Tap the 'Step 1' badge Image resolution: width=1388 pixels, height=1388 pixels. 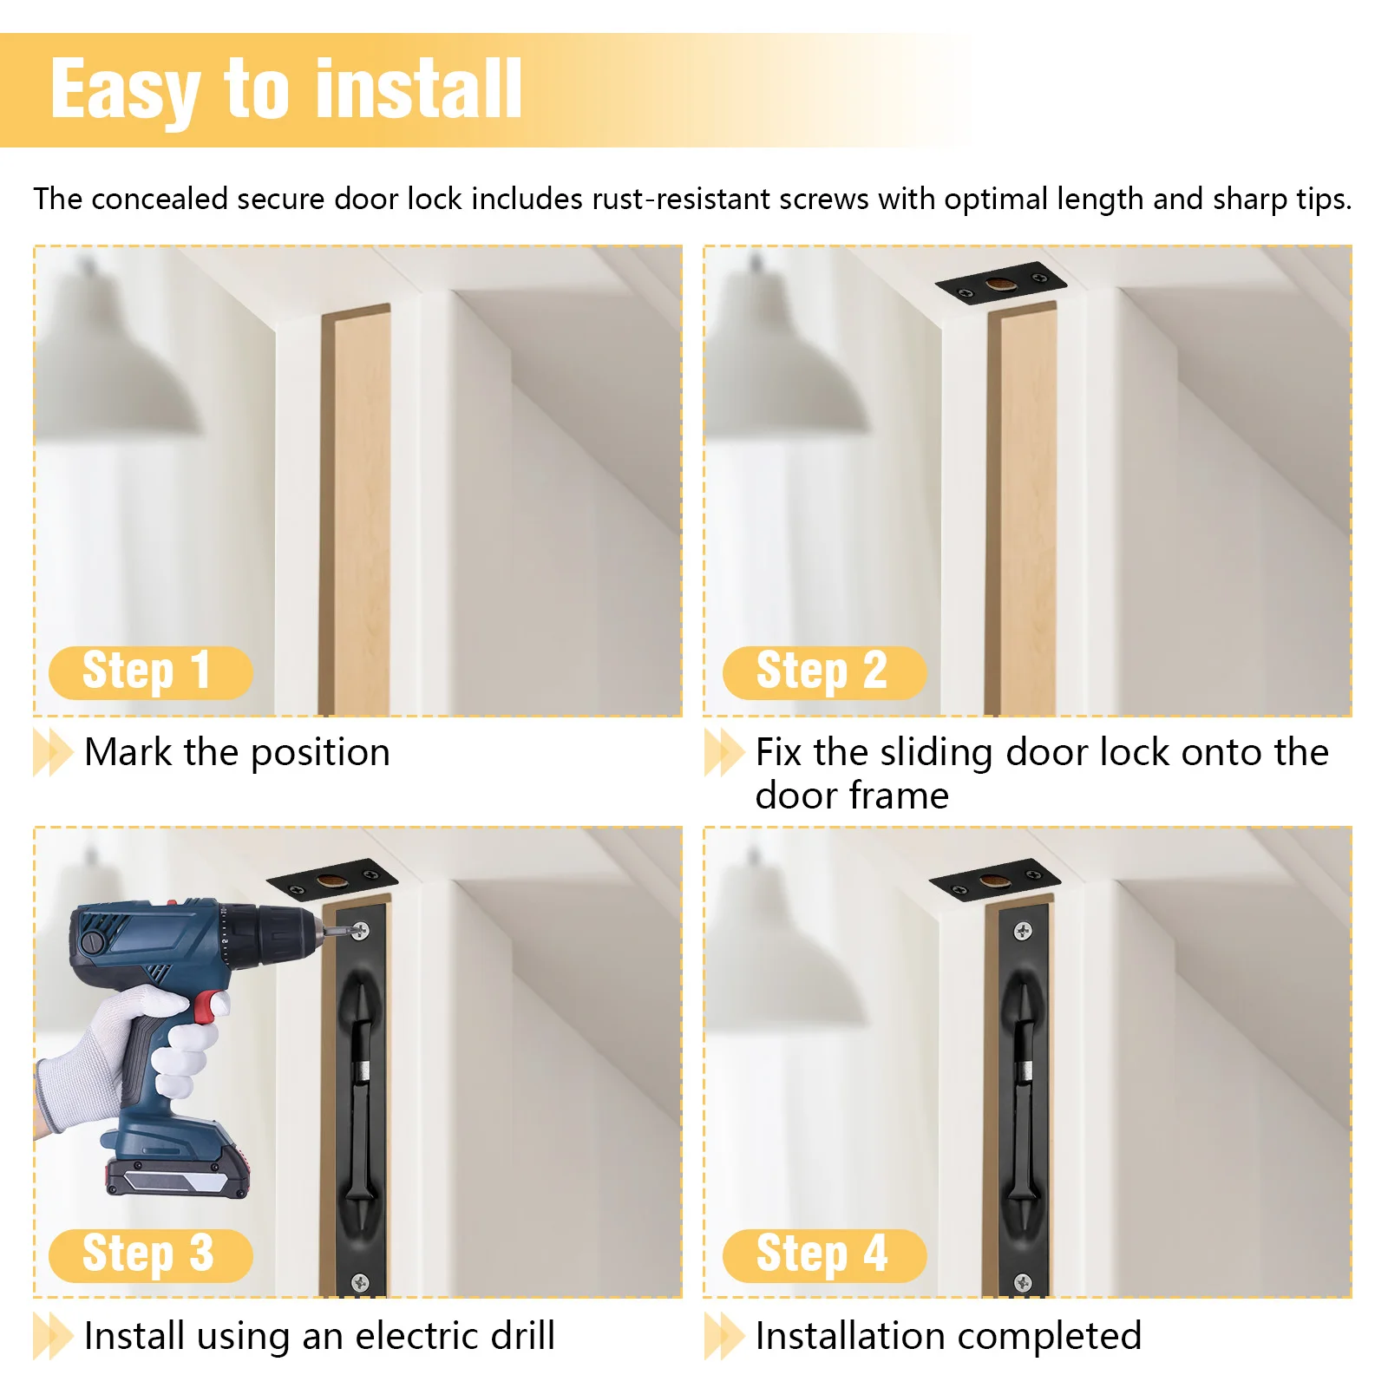[150, 672]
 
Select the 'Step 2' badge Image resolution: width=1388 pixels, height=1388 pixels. [824, 672]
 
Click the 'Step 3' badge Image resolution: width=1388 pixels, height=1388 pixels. [150, 1254]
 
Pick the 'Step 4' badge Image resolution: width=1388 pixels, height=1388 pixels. [824, 1254]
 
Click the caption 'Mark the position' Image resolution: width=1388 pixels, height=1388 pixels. [237, 752]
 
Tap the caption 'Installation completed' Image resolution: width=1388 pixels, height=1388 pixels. [948, 1336]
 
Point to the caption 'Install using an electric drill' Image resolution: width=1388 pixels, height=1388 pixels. [319, 1336]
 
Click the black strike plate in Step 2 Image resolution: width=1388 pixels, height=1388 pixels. [999, 283]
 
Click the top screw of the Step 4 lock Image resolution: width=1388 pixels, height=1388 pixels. [1023, 932]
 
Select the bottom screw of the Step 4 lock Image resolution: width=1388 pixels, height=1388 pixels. [1023, 1282]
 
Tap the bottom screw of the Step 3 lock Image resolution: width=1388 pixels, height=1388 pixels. [359, 1282]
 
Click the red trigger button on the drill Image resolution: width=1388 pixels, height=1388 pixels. [206, 1008]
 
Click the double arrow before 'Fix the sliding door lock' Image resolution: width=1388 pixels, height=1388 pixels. [723, 752]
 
